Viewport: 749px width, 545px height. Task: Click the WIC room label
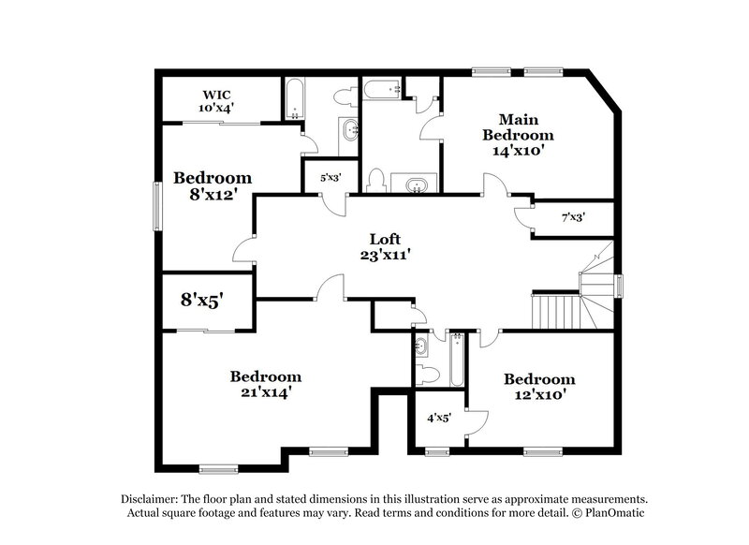[x=218, y=95]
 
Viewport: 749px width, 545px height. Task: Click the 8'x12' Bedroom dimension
[x=213, y=196]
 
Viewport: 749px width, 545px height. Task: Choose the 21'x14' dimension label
[x=266, y=393]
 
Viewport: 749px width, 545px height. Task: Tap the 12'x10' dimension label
[x=538, y=395]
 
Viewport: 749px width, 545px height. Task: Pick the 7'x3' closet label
[x=573, y=218]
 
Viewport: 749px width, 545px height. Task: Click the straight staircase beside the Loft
[x=554, y=310]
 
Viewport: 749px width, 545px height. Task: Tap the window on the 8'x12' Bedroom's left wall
[x=157, y=204]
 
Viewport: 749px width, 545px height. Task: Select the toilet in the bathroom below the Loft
[x=428, y=375]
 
